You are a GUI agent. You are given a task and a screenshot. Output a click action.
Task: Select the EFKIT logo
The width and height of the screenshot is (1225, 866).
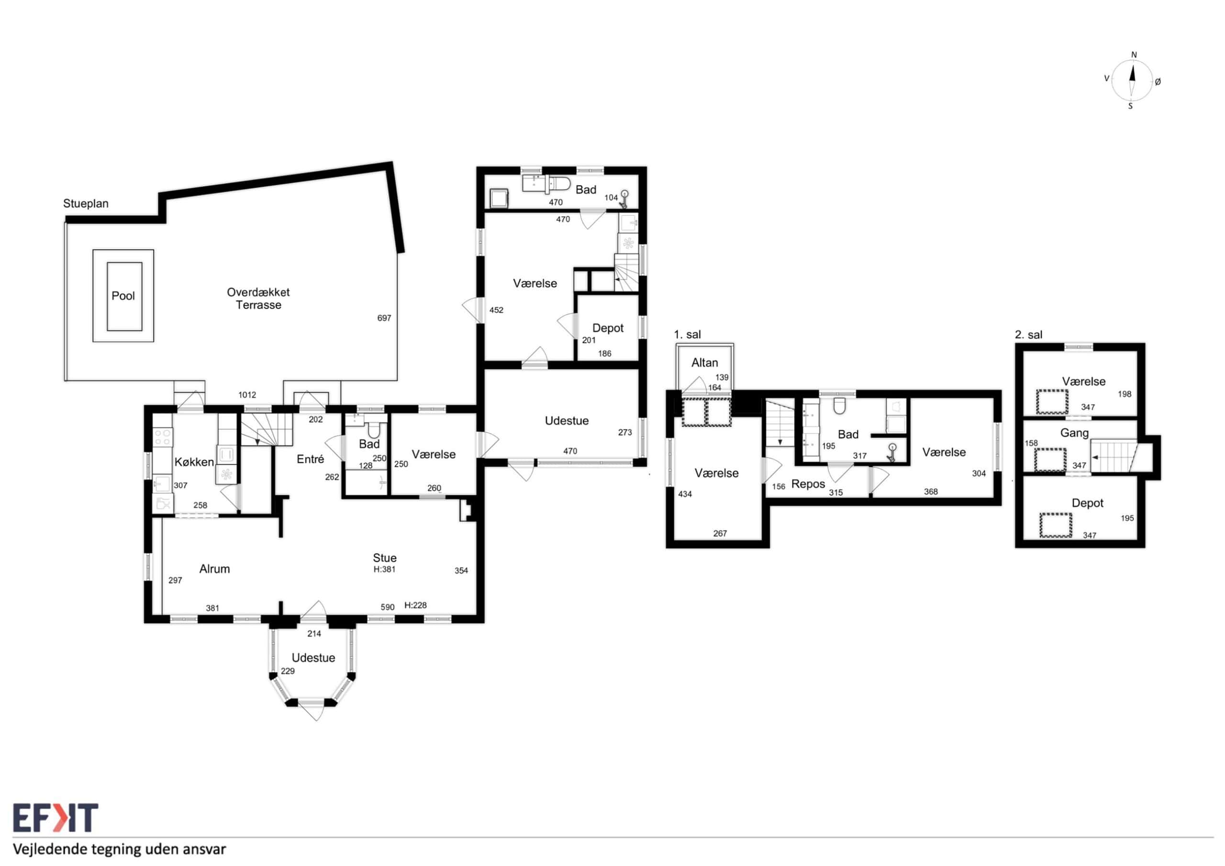(x=56, y=818)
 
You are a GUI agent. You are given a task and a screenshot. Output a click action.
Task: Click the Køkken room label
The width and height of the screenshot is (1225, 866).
(x=194, y=462)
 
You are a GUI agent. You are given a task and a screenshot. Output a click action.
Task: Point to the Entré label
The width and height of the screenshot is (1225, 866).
(x=310, y=459)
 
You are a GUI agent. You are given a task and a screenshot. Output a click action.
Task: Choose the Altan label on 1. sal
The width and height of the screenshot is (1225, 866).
(x=704, y=363)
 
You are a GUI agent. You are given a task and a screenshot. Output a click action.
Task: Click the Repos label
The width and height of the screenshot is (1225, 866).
(x=808, y=484)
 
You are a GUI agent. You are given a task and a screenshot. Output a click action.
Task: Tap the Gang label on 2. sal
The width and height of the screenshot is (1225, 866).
(x=1074, y=433)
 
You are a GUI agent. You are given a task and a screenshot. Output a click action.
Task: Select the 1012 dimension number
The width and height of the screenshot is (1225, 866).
(x=247, y=395)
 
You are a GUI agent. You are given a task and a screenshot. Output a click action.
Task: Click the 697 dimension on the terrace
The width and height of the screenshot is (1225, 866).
(x=384, y=318)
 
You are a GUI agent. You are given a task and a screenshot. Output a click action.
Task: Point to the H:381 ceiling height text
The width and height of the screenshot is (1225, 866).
(x=384, y=569)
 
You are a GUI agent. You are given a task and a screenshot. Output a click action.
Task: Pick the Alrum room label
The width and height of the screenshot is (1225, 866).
(x=214, y=569)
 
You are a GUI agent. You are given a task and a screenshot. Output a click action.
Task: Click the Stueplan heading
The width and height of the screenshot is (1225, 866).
(x=86, y=204)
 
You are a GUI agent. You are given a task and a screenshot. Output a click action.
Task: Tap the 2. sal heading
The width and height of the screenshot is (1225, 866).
(x=1028, y=334)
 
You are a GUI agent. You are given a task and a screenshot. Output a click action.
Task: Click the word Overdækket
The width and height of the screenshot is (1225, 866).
(x=258, y=292)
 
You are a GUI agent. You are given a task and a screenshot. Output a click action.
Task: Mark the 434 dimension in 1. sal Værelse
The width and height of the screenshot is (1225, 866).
(x=685, y=494)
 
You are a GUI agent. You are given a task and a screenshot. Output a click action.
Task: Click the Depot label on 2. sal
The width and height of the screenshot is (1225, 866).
(x=1087, y=503)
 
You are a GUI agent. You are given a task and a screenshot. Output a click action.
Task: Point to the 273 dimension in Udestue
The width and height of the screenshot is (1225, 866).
(x=625, y=432)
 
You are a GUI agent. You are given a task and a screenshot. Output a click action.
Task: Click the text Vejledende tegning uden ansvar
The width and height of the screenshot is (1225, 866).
(x=120, y=849)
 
